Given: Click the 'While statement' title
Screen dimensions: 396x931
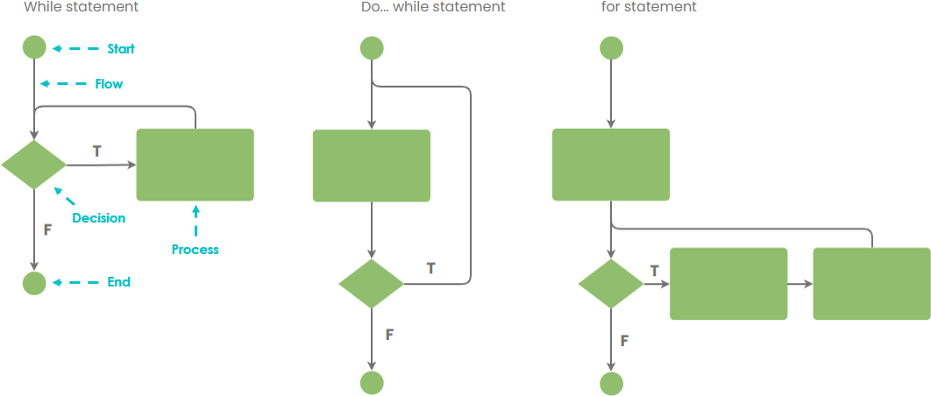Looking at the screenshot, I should pos(81,7).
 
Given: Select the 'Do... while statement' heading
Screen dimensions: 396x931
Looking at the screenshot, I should pos(433,7).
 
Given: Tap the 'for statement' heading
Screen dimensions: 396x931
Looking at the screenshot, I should pos(649,7).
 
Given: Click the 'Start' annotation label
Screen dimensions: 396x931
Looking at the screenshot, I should pos(121,49).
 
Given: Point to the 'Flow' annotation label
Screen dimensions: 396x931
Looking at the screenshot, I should pos(109,84).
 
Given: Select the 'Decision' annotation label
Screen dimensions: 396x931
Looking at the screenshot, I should pos(98,218).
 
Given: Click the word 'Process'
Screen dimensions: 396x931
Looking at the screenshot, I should pos(195,250).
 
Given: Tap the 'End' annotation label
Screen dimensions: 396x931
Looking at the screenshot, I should pos(119,282).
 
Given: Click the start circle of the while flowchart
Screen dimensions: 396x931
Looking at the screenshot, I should pos(34,47).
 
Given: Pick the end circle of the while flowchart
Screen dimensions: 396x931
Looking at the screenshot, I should pos(34,283).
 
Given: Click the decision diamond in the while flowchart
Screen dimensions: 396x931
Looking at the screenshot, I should pos(34,165).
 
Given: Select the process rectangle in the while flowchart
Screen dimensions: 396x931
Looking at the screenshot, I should pos(195,165).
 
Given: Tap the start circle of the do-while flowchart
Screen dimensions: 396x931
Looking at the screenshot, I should pos(372,47).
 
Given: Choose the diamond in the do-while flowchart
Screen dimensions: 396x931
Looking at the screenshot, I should pos(372,283).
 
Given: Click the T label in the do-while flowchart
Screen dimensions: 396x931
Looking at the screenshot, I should pos(430,268).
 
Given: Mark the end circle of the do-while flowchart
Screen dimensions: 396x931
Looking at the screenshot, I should pos(372,383).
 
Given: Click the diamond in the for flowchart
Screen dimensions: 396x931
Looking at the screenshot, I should pos(611,283).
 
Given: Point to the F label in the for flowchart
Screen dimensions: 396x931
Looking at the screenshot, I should pos(624,340).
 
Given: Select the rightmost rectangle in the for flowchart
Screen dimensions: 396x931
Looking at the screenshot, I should pos(871,284).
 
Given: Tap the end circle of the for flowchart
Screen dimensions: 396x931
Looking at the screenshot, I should pos(611,383).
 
